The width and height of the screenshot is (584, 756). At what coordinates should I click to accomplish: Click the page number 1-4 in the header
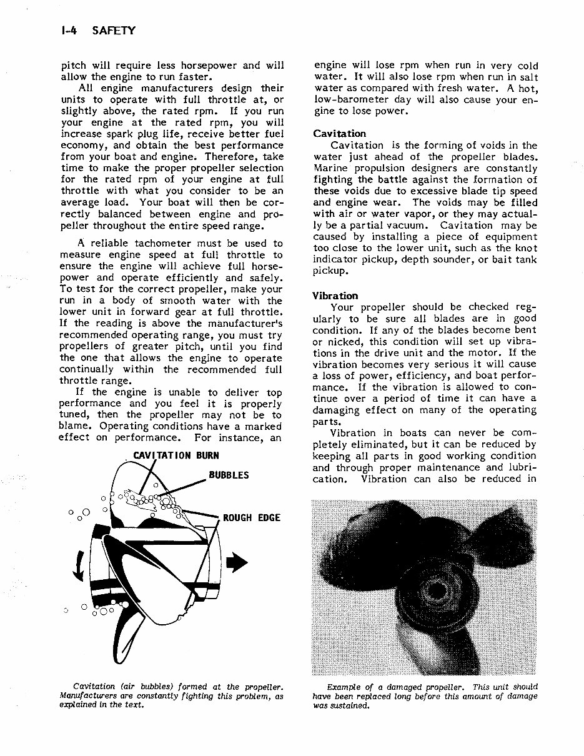pos(67,30)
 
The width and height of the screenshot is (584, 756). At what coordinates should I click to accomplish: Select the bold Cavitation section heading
pos(340,134)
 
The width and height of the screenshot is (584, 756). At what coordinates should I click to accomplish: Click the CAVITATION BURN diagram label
pos(171,456)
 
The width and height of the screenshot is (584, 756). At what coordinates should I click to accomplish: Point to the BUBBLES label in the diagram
pos(229,475)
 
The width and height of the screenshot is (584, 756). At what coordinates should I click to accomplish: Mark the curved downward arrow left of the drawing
pos(78,565)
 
